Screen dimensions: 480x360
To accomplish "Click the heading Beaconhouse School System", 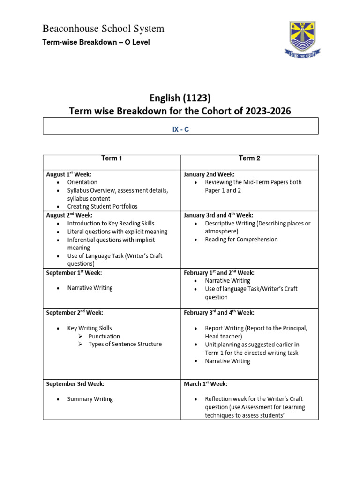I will (103, 29).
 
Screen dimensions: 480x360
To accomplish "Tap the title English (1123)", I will (180, 98).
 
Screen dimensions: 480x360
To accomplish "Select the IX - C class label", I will (180, 129).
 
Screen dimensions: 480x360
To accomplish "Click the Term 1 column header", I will (112, 158).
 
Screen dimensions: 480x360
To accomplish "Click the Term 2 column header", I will (249, 158).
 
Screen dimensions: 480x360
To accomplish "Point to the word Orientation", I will (82, 182).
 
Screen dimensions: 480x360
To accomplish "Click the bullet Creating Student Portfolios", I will (102, 206).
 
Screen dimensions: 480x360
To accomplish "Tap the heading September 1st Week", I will (74, 272).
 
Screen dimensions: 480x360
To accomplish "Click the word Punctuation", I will (104, 336).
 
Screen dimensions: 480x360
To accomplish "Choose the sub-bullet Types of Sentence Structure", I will (125, 344).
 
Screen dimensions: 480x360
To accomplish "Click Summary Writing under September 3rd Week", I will (90, 399).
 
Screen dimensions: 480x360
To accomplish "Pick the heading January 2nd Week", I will (209, 174).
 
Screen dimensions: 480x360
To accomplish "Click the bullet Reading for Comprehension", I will (241, 240).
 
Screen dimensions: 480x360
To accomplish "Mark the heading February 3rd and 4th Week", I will (219, 313).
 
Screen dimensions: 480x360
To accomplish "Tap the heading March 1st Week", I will (205, 384).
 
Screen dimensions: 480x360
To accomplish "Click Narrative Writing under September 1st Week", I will (90, 288).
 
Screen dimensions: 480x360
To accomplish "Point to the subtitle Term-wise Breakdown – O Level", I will (96, 42).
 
